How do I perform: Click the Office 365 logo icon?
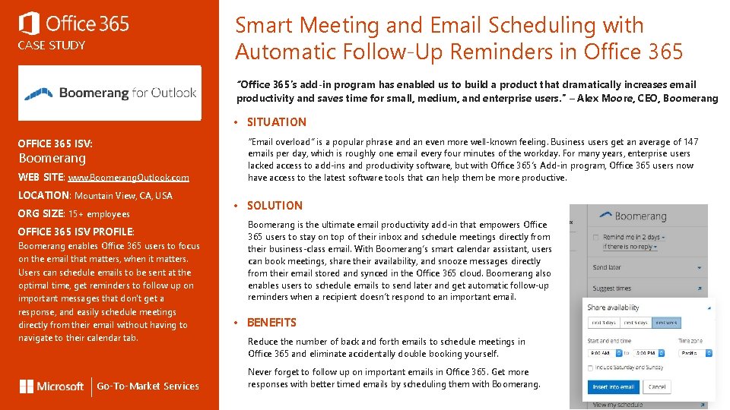click(x=29, y=24)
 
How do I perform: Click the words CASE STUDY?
click(x=52, y=46)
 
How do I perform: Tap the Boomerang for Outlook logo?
click(x=110, y=93)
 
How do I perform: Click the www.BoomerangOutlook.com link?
click(x=128, y=178)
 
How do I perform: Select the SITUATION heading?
click(x=276, y=122)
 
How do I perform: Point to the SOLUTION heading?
click(x=275, y=206)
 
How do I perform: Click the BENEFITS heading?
click(x=271, y=323)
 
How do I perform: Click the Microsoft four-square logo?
click(x=27, y=386)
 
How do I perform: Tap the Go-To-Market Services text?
click(x=148, y=386)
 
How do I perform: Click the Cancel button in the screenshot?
click(x=657, y=386)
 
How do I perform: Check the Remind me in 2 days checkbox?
click(x=598, y=237)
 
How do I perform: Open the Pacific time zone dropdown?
click(x=695, y=353)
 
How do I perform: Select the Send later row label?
click(x=607, y=267)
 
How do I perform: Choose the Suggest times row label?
click(x=611, y=289)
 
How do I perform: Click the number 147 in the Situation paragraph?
click(x=690, y=142)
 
